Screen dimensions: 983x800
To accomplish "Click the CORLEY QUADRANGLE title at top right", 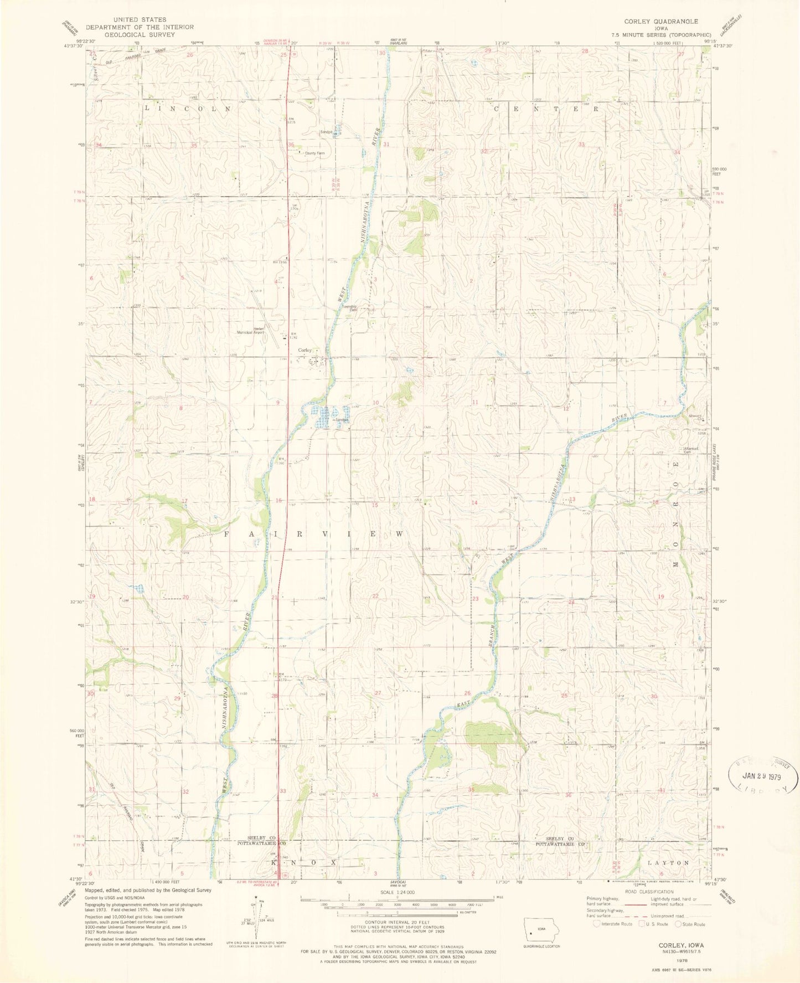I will [661, 21].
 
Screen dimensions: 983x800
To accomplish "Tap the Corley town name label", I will [305, 350].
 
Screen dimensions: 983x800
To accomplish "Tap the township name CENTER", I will [546, 109].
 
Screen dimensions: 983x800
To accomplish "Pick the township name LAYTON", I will [668, 863].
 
